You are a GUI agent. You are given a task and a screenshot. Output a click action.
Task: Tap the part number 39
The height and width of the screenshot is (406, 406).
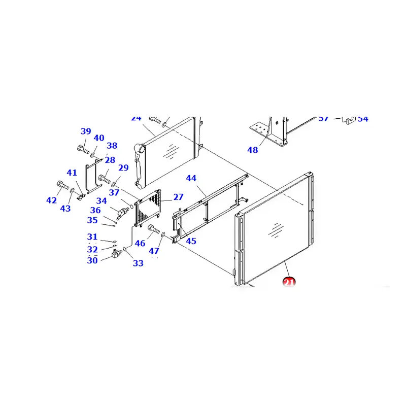(86, 131)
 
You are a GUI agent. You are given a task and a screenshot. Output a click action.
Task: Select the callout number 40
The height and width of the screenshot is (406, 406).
(99, 138)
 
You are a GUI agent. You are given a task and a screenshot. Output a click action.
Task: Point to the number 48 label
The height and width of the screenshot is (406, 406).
(252, 150)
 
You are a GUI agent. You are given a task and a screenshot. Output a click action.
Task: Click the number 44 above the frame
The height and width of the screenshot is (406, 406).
(191, 179)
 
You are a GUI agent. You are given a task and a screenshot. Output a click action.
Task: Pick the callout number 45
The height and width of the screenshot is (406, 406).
(191, 241)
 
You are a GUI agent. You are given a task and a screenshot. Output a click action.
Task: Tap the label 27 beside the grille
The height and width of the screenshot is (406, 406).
(178, 197)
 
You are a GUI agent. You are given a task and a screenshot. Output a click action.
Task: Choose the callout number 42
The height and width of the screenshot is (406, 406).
(52, 200)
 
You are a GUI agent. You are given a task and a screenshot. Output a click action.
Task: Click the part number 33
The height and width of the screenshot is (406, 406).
(138, 263)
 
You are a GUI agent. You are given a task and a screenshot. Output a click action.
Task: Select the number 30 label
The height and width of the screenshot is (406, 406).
(92, 260)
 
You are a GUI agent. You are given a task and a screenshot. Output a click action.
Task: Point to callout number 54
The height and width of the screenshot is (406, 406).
(363, 119)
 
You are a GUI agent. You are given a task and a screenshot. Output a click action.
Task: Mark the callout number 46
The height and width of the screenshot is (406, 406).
(140, 244)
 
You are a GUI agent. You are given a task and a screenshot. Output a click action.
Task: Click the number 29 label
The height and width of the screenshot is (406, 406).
(123, 168)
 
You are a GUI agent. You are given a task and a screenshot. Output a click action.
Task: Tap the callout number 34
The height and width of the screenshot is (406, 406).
(101, 201)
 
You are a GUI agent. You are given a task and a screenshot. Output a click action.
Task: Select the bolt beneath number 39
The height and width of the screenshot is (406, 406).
(83, 149)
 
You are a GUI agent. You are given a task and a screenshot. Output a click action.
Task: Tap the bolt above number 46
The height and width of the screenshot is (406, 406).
(153, 232)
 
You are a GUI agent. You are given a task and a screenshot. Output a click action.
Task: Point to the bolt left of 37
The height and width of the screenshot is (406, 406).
(105, 179)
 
